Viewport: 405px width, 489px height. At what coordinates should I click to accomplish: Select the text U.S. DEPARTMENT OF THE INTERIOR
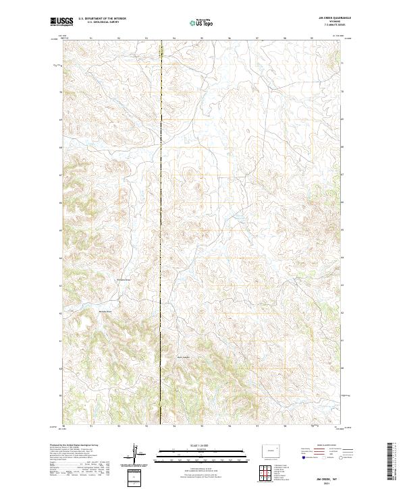[x=102, y=19]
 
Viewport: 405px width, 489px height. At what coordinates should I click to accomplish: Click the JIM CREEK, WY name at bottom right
[x=328, y=476]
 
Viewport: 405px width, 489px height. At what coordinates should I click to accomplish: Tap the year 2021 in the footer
[x=328, y=481]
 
